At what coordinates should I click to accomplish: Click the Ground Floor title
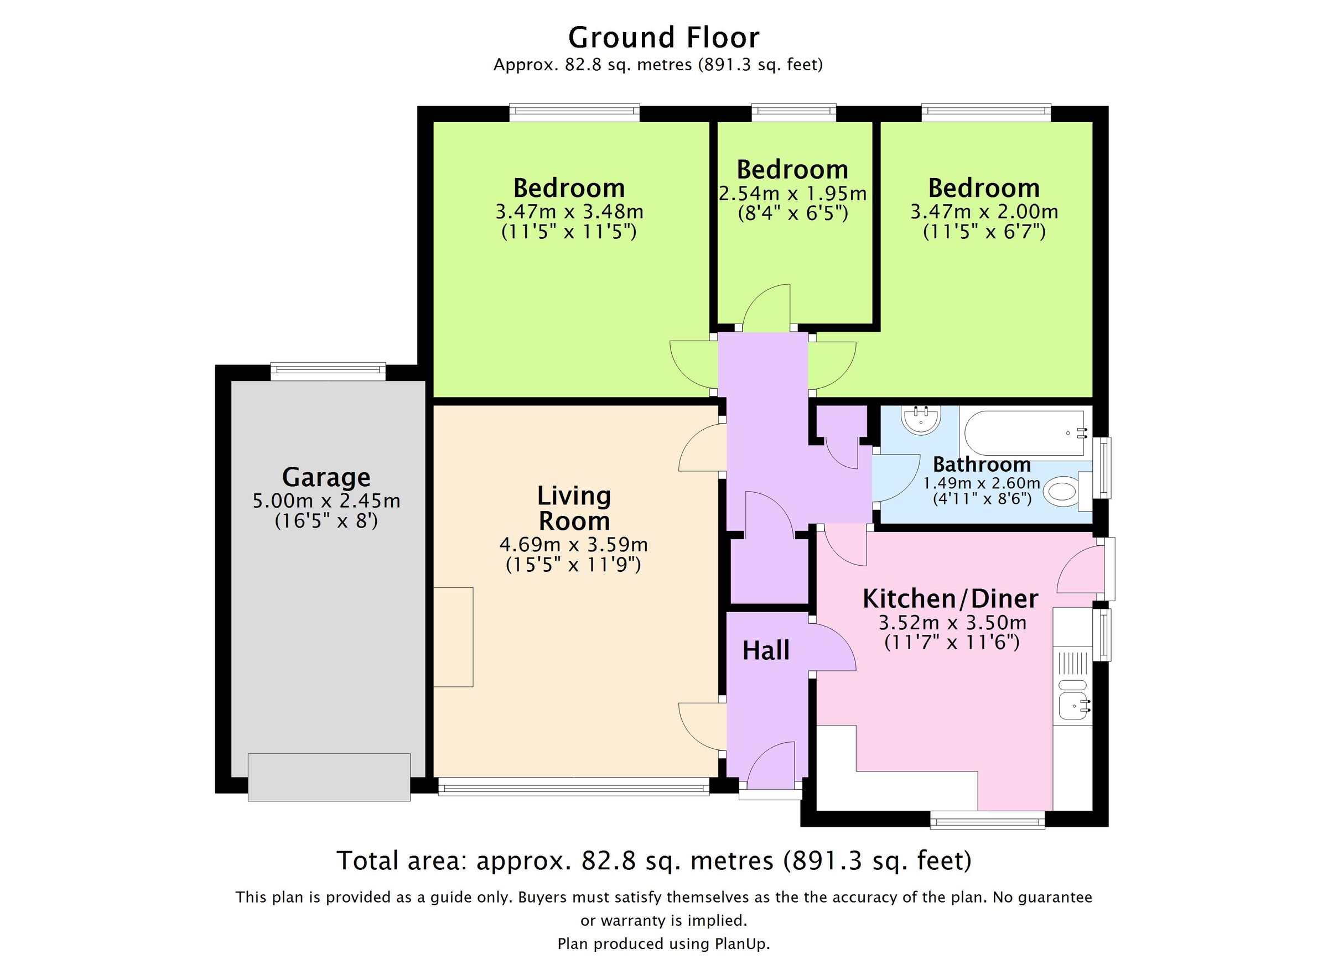(x=663, y=38)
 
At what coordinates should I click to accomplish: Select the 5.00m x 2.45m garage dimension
(x=326, y=501)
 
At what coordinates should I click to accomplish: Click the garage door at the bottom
(x=329, y=777)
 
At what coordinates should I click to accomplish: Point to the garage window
(x=328, y=372)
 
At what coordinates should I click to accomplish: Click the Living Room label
(x=574, y=508)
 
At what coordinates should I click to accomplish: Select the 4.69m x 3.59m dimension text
(x=573, y=545)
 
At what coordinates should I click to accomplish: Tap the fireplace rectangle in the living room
(x=453, y=637)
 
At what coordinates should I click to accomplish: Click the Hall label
(x=765, y=651)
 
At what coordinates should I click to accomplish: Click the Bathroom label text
(x=982, y=465)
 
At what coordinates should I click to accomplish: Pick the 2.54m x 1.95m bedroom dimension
(x=792, y=193)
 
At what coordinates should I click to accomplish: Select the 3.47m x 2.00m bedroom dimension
(x=984, y=211)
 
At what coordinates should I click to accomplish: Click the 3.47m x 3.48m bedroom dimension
(x=569, y=211)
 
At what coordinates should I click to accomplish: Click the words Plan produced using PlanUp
(x=663, y=943)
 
